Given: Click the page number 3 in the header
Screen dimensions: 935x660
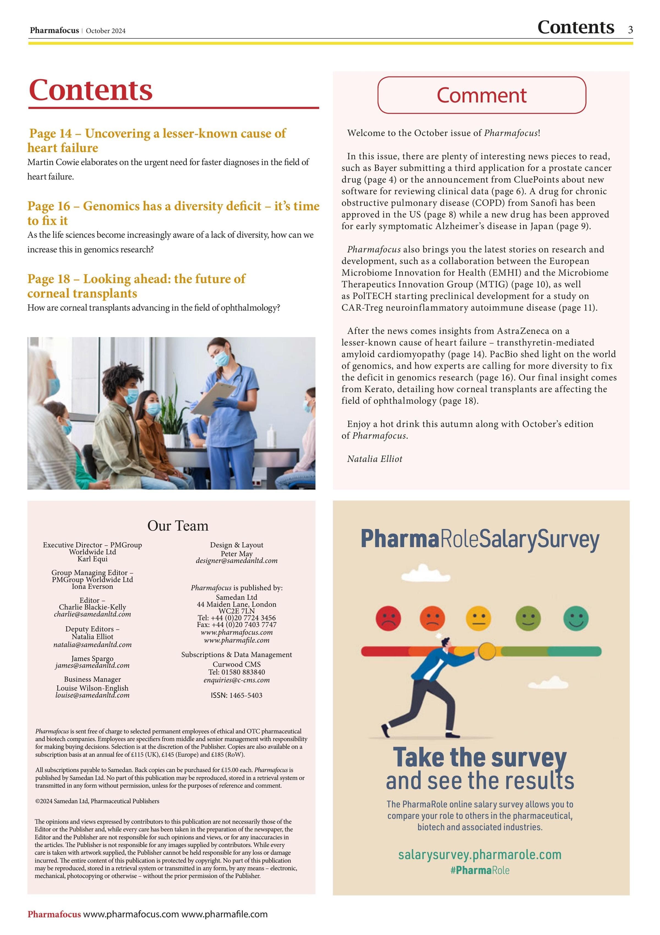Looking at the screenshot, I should [x=630, y=29].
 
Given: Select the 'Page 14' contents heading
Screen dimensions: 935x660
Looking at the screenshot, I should [x=157, y=140].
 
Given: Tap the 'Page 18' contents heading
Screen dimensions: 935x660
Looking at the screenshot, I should [x=136, y=286].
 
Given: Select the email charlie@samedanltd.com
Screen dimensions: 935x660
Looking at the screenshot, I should [x=92, y=614].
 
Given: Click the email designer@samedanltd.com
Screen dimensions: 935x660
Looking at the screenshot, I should [x=237, y=561].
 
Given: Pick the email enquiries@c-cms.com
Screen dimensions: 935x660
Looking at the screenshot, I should [x=237, y=680].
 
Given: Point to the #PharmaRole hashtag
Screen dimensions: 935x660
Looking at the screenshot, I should [x=480, y=870].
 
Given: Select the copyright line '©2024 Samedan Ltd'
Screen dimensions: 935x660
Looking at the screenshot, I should [x=97, y=801].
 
